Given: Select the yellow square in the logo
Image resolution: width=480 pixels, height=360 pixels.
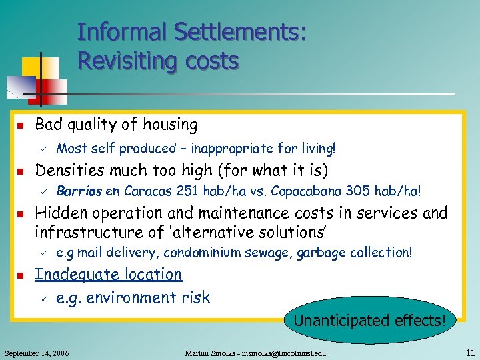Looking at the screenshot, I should point(33,67).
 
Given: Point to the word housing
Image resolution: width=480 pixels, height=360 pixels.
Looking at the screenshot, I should point(171,125).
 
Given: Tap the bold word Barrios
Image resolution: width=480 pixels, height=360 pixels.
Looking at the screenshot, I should point(79,191).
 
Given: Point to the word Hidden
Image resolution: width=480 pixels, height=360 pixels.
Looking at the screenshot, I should point(58,213).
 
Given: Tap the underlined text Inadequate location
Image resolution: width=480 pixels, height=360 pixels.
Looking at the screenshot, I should point(108,275).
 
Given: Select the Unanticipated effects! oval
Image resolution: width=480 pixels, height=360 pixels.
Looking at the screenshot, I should point(369,321).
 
